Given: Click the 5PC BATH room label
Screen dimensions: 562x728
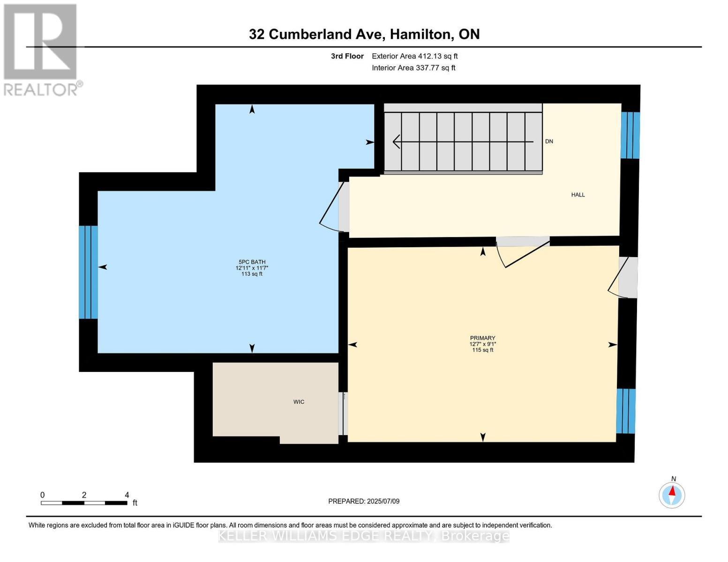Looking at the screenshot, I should [252, 262].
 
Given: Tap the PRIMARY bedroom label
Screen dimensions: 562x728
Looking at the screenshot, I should [482, 338].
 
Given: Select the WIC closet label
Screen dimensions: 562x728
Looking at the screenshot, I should [299, 402].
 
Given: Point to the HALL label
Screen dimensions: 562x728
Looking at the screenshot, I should [578, 195].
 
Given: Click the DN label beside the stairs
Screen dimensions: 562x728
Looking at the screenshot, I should [549, 141].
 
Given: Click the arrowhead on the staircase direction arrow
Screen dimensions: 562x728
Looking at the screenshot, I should [397, 141].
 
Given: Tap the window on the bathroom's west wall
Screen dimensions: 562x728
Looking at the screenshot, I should [88, 272].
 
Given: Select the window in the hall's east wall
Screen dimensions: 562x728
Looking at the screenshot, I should [630, 135].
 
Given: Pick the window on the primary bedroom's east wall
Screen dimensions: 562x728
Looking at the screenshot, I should [625, 411].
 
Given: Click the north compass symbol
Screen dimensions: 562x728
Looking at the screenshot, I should [672, 495].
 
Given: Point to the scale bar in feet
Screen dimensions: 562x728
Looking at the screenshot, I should [84, 503].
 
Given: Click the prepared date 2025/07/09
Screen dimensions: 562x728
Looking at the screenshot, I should [364, 501].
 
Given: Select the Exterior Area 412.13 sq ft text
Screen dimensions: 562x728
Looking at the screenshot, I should [414, 56].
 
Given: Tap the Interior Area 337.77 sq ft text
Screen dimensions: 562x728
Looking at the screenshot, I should [413, 68].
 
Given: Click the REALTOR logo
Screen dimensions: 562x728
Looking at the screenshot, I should [41, 49].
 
